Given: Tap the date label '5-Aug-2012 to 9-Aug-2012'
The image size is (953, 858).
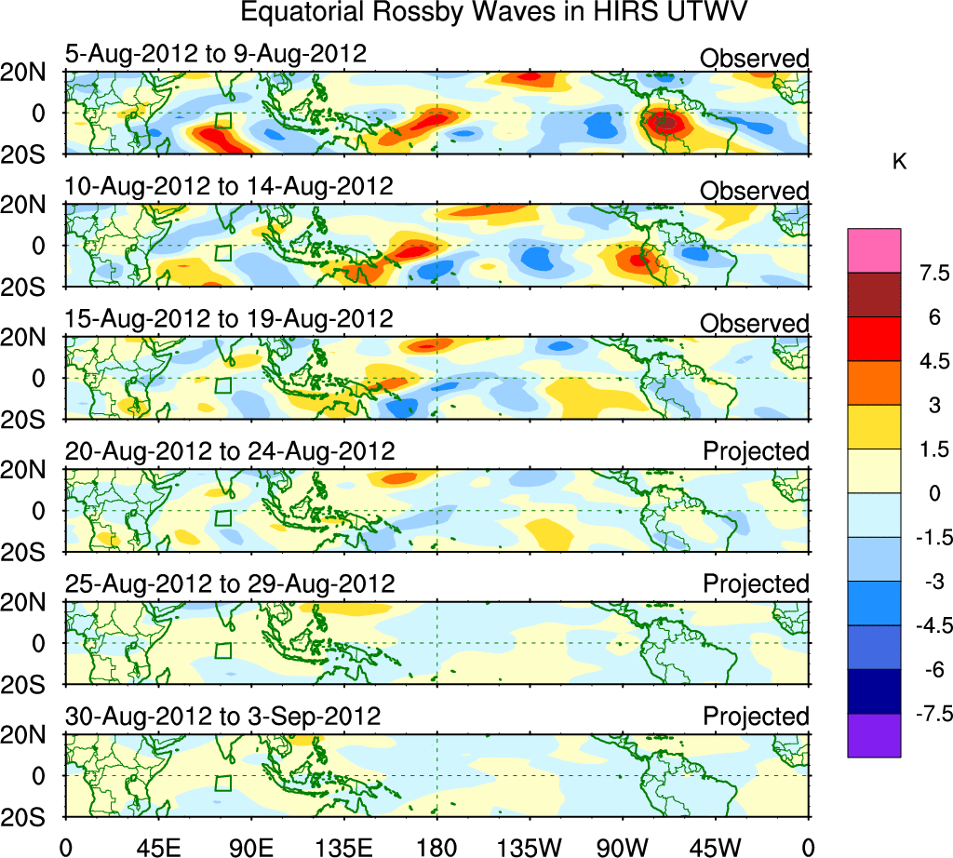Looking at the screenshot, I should coord(215,53).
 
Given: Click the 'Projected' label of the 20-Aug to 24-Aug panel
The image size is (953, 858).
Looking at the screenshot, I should coord(756,451).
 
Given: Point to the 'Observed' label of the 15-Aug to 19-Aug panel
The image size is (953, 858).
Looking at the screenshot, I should coord(755,324).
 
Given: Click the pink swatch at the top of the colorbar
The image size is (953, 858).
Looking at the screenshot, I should coord(874,250).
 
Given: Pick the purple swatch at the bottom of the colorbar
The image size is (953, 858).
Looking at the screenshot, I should coord(874,735).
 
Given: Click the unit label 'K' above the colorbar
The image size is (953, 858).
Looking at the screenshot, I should coord(899,162).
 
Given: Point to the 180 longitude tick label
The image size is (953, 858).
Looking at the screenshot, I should coord(436,847).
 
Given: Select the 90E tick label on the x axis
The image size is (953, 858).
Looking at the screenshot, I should coord(250,847).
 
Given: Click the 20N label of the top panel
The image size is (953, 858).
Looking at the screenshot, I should coord(31,73).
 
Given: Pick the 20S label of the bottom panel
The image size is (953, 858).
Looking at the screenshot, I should coord(31,816).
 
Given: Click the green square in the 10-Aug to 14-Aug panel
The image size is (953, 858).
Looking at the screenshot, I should coord(222,252).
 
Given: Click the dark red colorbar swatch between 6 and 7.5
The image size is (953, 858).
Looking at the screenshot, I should coord(874,295).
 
